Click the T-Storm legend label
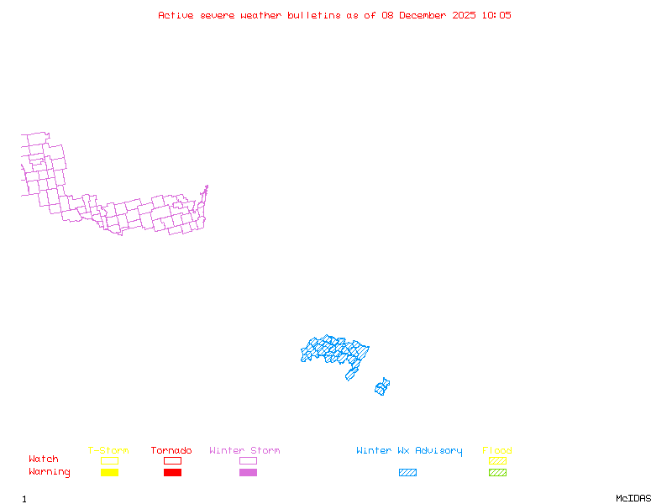tap(108, 451)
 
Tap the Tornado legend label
tap(171, 451)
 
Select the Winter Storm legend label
tap(244, 451)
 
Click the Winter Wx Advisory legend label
tap(409, 451)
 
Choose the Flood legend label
tap(497, 451)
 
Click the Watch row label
tap(44, 459)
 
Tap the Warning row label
tap(50, 472)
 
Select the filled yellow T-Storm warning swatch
tap(109, 473)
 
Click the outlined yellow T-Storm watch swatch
tap(109, 460)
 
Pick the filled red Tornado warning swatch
tap(172, 473)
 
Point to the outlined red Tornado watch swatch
tap(172, 460)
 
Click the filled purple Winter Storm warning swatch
tap(248, 473)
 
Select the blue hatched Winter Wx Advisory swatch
tap(407, 473)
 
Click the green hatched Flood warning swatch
tap(497, 473)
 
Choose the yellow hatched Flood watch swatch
tap(497, 460)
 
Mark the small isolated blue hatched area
tap(382, 387)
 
